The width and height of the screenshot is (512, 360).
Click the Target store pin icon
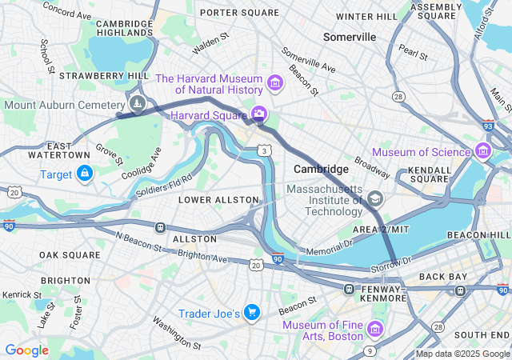click(85, 173)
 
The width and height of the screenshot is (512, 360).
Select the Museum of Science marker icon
click(482, 150)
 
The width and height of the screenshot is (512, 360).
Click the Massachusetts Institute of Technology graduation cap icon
click(374, 198)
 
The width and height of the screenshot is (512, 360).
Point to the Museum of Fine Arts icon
click(374, 328)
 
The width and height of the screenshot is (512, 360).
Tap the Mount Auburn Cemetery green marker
click(138, 103)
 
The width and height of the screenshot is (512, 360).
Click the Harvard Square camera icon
click(258, 115)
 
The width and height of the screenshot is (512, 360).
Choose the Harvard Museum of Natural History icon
click(274, 82)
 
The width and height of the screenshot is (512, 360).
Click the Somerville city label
click(350, 37)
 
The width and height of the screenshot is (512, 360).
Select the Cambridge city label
click(321, 169)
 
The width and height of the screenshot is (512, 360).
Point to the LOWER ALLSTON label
click(218, 199)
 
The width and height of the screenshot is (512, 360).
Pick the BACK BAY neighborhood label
click(442, 276)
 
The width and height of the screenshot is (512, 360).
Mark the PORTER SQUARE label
click(239, 13)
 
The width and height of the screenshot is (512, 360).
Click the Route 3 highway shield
click(263, 150)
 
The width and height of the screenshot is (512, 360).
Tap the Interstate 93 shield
click(489, 125)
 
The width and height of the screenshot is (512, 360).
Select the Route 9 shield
click(369, 350)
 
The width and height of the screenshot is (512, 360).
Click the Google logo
click(26, 350)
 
